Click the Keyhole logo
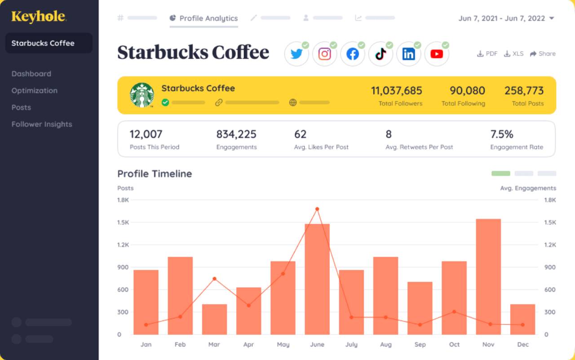coord(39,17)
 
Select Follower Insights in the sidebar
coord(42,124)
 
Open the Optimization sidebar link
coord(35,91)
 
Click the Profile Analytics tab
coord(204,18)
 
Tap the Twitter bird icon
coord(296,54)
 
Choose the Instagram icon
coord(324,54)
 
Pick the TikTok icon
coord(380,54)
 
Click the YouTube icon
coord(437,54)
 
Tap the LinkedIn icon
coord(408,54)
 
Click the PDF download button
coord(487,53)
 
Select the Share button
coord(543,53)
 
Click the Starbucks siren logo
coord(142,95)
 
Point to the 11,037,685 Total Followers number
coord(396,91)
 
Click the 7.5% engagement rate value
coord(501,134)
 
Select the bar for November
coord(488,276)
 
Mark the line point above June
coord(317,209)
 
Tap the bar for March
coord(214,319)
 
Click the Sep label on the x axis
coord(420,345)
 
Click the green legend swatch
coord(501,173)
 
